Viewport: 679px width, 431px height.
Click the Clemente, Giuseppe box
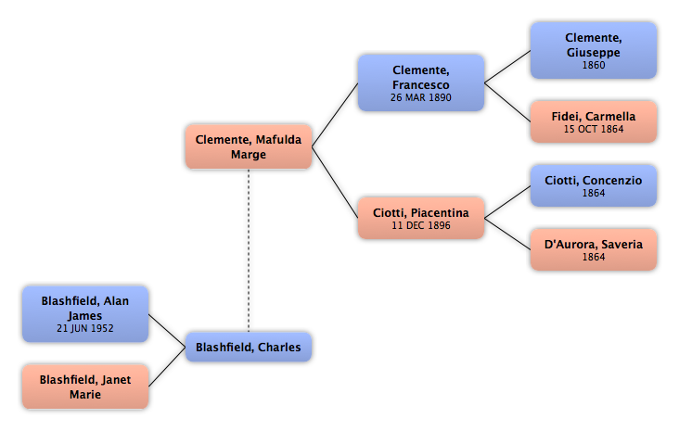click(x=594, y=51)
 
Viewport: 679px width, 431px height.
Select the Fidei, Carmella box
click(x=594, y=121)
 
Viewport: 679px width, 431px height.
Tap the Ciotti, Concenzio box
click(x=594, y=185)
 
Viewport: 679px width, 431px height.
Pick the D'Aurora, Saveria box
click(x=594, y=249)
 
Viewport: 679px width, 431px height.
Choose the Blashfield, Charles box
click(x=249, y=347)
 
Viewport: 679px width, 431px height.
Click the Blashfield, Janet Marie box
click(x=85, y=387)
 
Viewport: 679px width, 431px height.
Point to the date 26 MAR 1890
click(x=421, y=98)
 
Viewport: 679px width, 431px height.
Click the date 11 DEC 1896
click(x=421, y=225)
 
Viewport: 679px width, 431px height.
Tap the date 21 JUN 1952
click(x=85, y=328)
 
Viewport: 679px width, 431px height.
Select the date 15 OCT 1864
click(x=594, y=129)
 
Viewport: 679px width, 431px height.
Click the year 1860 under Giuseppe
click(x=594, y=65)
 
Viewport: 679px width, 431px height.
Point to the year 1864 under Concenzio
click(x=594, y=193)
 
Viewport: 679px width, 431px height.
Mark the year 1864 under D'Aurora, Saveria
click(x=594, y=257)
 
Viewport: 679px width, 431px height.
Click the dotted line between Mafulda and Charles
click(x=249, y=250)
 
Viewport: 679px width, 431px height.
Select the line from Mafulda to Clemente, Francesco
click(x=335, y=115)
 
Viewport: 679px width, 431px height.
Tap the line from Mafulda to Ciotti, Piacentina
click(x=335, y=183)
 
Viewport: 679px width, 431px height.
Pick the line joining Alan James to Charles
click(x=167, y=331)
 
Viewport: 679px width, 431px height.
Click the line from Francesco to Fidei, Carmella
click(x=507, y=102)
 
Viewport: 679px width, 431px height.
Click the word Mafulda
click(x=278, y=140)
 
